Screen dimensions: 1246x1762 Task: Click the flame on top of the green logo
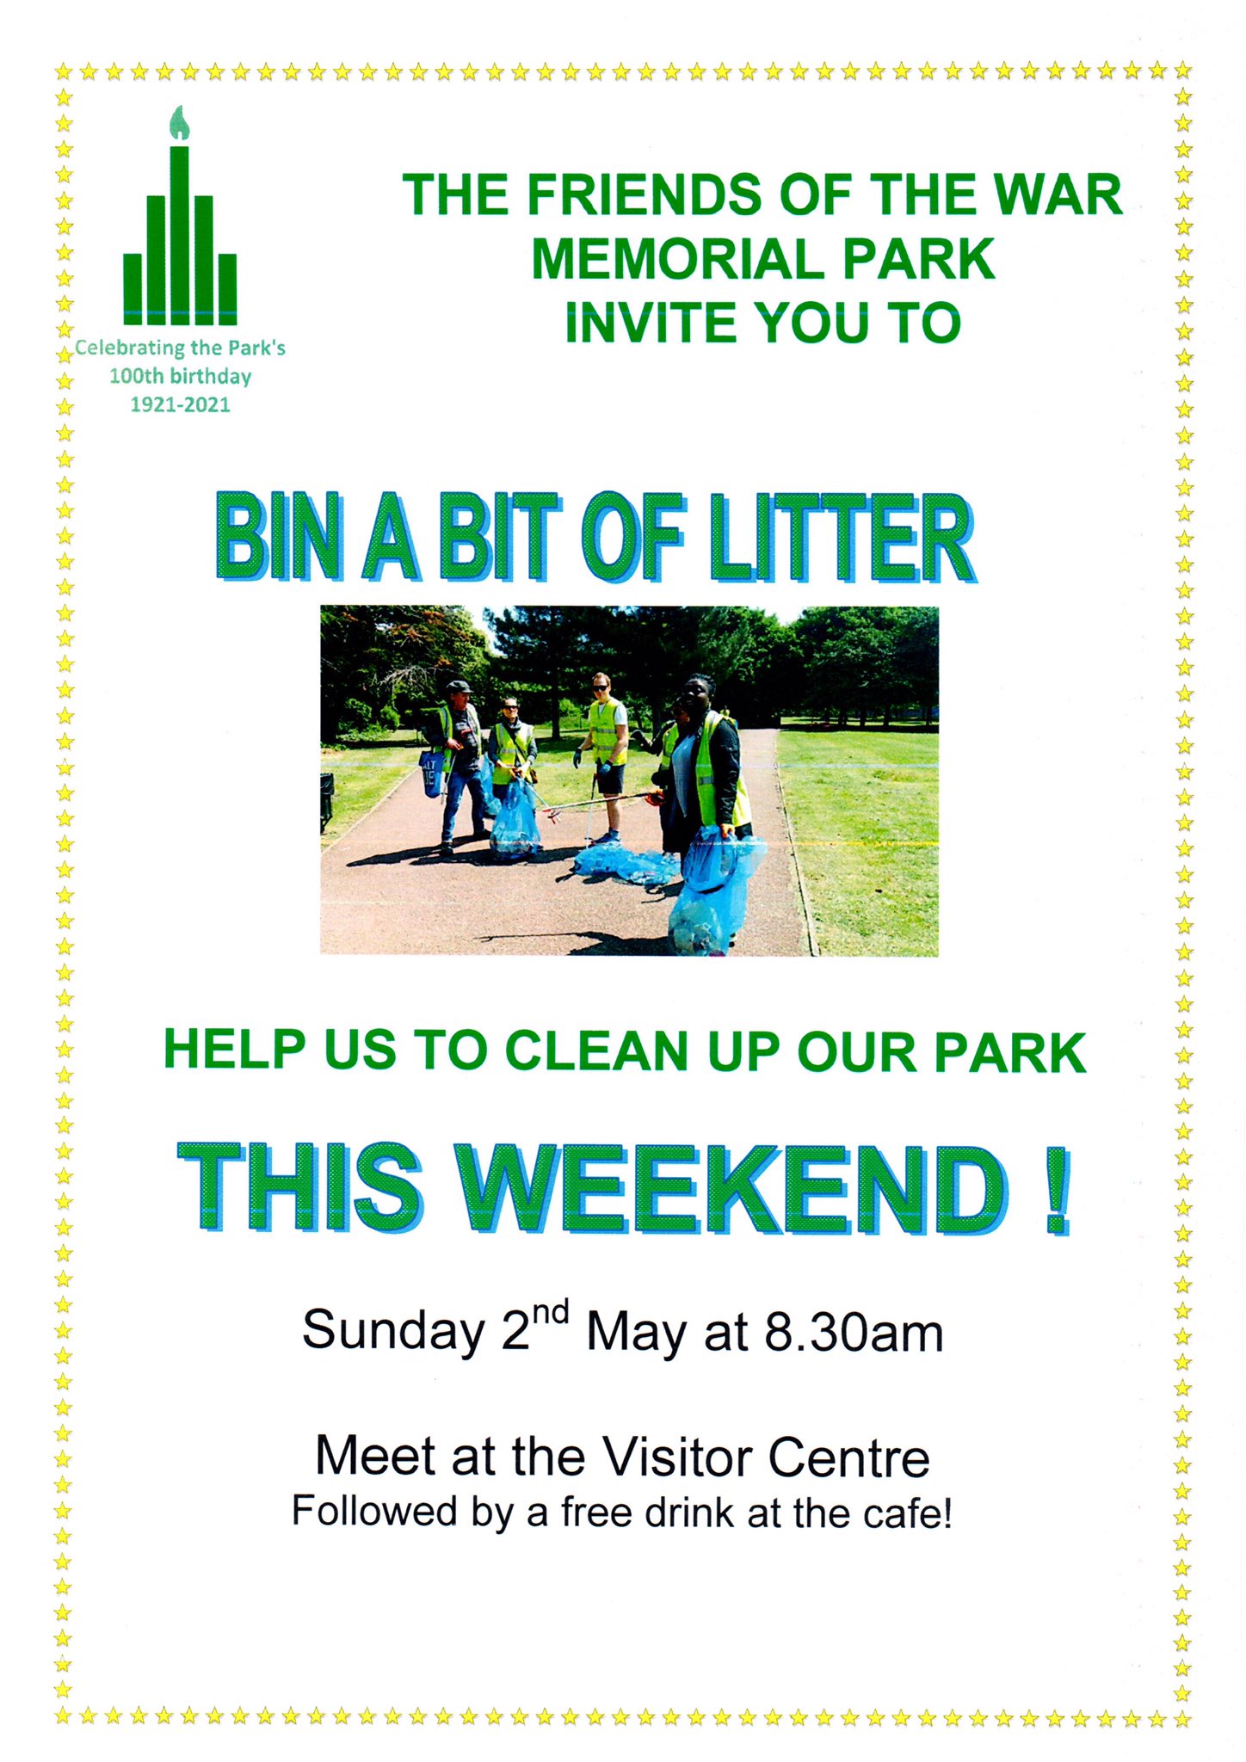pos(179,123)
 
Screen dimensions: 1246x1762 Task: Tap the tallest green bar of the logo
pos(179,235)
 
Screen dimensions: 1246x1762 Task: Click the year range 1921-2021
pos(180,405)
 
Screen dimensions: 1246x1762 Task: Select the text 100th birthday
pos(180,377)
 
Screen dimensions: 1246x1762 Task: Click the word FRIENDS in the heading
pos(645,194)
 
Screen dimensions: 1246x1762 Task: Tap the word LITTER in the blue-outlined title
pos(842,538)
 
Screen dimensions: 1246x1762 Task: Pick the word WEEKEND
pos(733,1188)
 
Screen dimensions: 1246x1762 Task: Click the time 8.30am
pos(854,1333)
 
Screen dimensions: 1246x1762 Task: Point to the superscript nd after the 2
pos(550,1314)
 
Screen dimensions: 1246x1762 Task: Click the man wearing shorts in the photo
pos(606,757)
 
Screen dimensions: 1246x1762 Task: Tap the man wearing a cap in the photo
pos(457,767)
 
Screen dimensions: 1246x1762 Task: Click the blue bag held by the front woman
pos(708,895)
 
